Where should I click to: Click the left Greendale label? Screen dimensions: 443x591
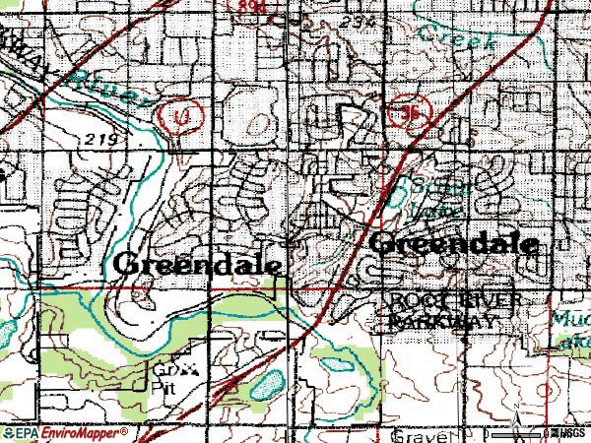coord(200,264)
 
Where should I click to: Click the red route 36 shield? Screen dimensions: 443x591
coord(411,113)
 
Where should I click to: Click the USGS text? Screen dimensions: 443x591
coord(570,434)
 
